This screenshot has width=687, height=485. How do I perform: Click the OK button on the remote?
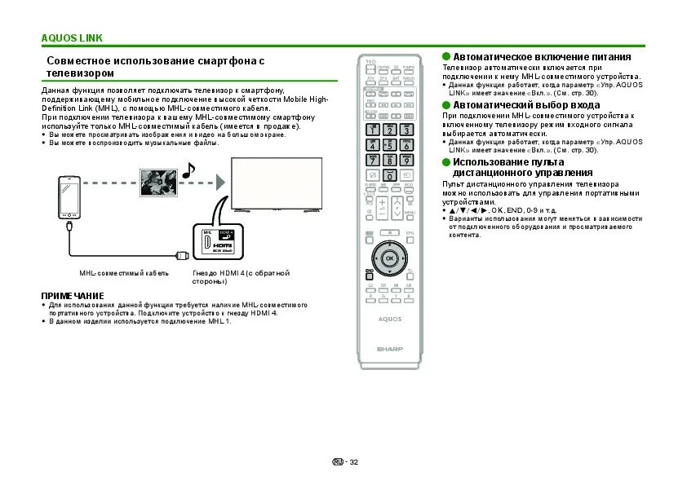coord(389,258)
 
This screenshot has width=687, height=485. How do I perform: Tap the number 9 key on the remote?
coord(406,161)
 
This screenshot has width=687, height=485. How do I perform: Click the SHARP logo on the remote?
coord(389,348)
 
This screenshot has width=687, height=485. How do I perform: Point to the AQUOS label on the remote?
coord(389,319)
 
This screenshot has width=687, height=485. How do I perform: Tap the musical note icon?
coord(188,170)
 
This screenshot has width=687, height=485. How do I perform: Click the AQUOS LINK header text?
coord(72,38)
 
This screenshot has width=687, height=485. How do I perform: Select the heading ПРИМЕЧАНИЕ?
coord(72,294)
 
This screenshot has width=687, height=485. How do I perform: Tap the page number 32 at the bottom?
coord(353,461)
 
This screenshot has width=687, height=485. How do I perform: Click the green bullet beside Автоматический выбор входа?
coord(446,105)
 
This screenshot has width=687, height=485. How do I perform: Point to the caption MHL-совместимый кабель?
coord(113,273)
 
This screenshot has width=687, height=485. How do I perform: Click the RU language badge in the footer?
coord(337,461)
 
